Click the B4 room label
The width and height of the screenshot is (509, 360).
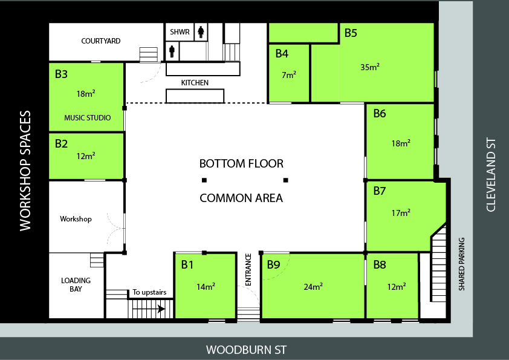tap(282, 54)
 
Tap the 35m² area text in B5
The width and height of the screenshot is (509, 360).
tap(370, 67)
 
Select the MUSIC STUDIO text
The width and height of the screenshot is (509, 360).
tap(87, 117)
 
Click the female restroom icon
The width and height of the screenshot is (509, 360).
tap(201, 32)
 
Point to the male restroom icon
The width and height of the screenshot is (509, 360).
tap(172, 51)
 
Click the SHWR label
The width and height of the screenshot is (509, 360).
tap(180, 32)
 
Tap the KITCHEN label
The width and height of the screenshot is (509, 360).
tap(195, 82)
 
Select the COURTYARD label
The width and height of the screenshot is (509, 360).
tap(100, 41)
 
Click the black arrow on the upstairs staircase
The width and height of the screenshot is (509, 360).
tap(161, 309)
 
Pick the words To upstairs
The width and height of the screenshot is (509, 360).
tap(149, 292)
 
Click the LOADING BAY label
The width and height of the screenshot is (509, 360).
tap(76, 284)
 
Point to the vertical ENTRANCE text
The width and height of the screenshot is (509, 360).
tap(248, 270)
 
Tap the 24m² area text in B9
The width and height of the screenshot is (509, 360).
tap(313, 287)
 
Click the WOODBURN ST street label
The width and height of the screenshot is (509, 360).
tap(247, 350)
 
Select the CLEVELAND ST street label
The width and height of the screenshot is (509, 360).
tap(491, 175)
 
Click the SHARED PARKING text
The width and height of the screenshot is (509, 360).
tap(462, 264)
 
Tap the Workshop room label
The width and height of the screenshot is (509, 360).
tap(76, 219)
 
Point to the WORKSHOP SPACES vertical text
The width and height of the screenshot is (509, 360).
tap(25, 171)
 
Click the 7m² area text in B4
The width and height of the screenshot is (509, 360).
tap(289, 75)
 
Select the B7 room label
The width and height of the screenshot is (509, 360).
tap(380, 191)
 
